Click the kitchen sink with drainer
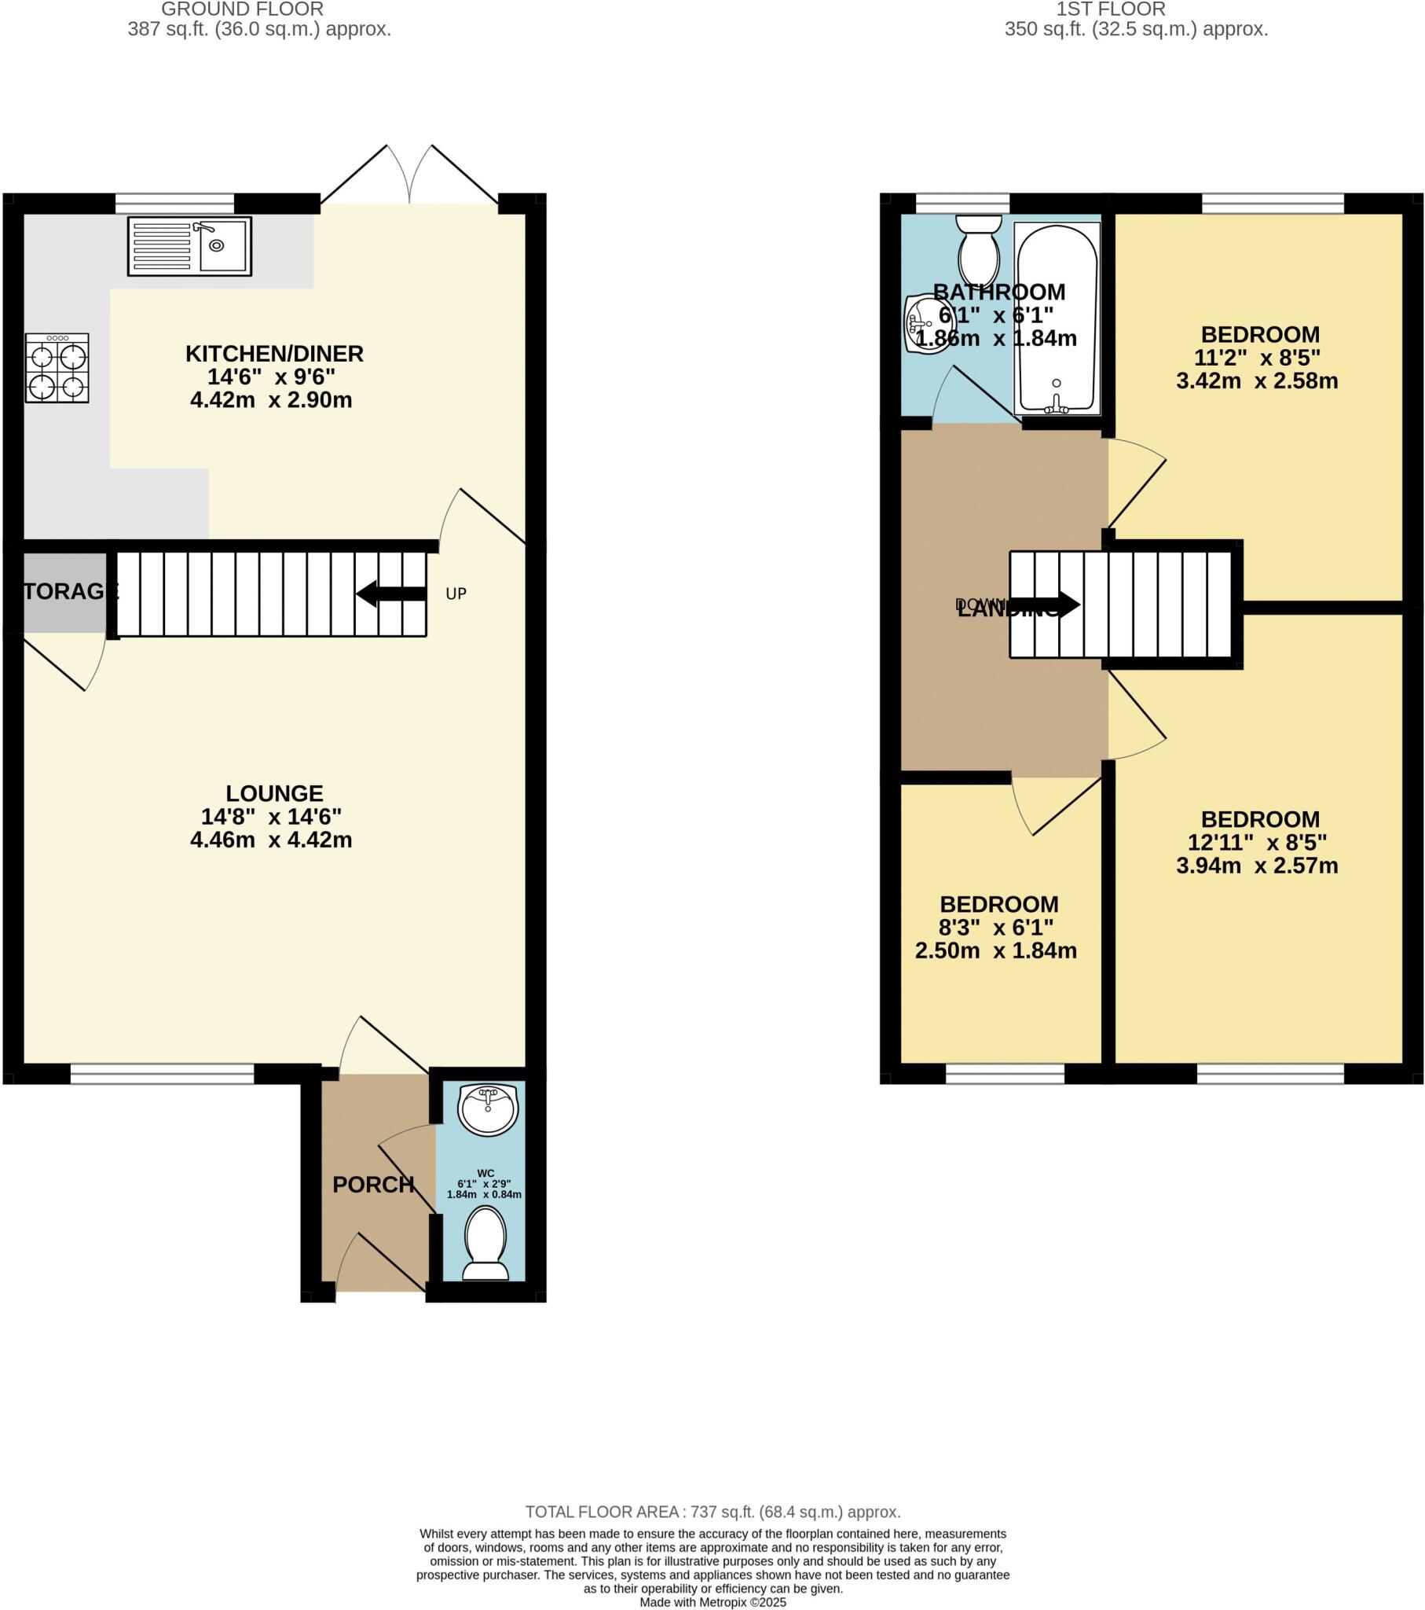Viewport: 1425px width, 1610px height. (189, 247)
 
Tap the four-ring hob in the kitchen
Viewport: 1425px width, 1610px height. (57, 368)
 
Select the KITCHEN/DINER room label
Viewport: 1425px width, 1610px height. (274, 354)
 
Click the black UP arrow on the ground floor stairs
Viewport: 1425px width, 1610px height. (390, 593)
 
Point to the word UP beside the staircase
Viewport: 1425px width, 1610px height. (456, 594)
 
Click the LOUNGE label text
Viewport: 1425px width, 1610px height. (274, 793)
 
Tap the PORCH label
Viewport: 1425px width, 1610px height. (373, 1185)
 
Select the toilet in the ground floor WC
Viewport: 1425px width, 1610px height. (485, 1244)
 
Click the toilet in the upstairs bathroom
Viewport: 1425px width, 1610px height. (979, 246)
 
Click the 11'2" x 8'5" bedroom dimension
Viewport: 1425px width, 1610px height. (1257, 358)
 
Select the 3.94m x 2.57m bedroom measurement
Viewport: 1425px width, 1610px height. (1257, 866)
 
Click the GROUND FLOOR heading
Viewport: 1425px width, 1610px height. (243, 9)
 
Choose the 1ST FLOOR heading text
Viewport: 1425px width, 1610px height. (1110, 9)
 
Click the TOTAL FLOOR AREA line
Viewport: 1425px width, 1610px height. (712, 1512)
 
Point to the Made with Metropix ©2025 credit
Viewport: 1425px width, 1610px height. (712, 1602)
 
